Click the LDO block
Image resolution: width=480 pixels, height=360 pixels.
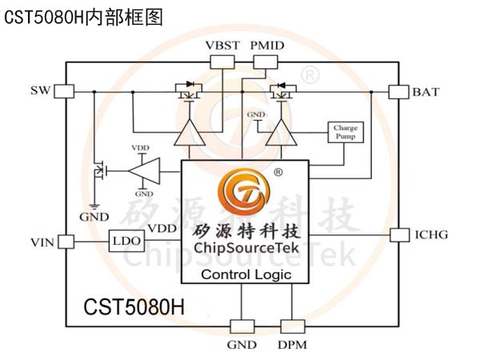coord(126,240)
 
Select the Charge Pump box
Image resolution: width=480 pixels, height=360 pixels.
coord(345,131)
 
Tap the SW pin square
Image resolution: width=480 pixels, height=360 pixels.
coord(64,91)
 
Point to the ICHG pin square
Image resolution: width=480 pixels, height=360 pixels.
coord(398,234)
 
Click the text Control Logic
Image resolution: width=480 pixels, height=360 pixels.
coord(245,275)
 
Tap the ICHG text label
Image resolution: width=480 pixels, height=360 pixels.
coord(431,235)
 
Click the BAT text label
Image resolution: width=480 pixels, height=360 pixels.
coord(426,92)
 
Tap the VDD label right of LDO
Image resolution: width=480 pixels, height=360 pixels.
coord(162,229)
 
